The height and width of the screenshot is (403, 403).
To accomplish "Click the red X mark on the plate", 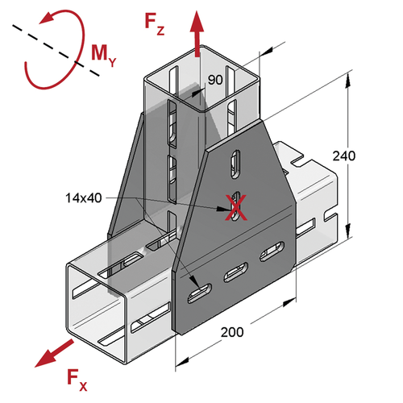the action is (235, 208).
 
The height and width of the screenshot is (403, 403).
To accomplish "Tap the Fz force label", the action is (155, 25).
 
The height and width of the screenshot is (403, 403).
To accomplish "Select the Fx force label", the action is (77, 380).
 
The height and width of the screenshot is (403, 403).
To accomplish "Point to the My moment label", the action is (104, 56).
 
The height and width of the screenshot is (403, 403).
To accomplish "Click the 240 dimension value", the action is (344, 156).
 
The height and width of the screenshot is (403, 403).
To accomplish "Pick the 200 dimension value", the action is (232, 332).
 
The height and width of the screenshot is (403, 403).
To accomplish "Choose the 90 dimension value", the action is (215, 80).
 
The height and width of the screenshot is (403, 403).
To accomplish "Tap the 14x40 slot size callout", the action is (84, 198).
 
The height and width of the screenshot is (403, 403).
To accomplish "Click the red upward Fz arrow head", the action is (197, 22).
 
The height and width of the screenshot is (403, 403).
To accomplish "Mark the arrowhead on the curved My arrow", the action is (48, 18).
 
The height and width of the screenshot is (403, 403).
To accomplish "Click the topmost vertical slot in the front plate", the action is (235, 164).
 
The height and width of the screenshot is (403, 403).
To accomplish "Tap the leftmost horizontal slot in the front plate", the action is (199, 293).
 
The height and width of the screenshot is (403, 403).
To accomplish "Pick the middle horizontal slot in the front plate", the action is (236, 272).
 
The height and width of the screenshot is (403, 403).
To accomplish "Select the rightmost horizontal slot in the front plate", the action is (272, 251).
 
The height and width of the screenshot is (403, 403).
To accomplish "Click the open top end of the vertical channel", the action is (201, 78).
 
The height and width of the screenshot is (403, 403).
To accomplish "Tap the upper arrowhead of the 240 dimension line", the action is (347, 80).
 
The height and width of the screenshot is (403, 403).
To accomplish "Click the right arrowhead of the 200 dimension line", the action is (289, 301).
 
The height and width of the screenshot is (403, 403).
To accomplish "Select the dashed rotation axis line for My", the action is (56, 51).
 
